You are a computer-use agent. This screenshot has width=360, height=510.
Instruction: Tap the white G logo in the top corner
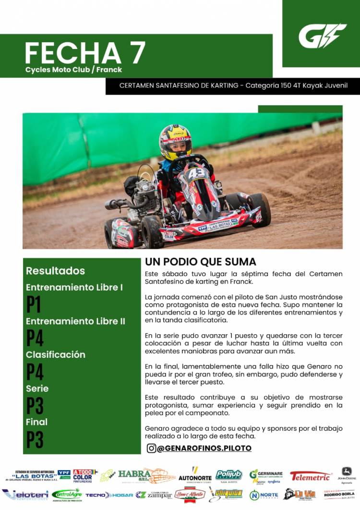pyautogui.click(x=322, y=36)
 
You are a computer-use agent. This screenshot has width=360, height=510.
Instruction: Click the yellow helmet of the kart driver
pyautogui.click(x=176, y=141)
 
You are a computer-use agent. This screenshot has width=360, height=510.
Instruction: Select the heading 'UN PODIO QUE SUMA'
pyautogui.click(x=200, y=262)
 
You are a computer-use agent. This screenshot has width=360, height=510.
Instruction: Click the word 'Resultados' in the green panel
pyautogui.click(x=55, y=270)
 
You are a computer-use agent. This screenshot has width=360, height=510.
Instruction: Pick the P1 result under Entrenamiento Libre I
pyautogui.click(x=34, y=304)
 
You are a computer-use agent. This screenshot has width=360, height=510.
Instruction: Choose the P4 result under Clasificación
pyautogui.click(x=35, y=372)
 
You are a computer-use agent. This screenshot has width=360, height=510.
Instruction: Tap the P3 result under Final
pyautogui.click(x=35, y=439)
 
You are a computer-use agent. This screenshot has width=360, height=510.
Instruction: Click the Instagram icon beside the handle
pyautogui.click(x=151, y=448)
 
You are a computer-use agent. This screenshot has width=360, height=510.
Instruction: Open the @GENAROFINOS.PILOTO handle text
pyautogui.click(x=204, y=448)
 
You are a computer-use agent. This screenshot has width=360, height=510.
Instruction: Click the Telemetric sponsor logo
pyautogui.click(x=311, y=476)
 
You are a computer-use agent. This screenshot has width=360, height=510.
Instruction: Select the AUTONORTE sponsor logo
pyautogui.click(x=195, y=475)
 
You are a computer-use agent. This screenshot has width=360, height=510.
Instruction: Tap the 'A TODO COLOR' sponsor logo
pyautogui.click(x=84, y=475)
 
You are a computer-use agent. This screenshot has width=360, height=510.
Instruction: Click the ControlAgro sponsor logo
pyautogui.click(x=67, y=494)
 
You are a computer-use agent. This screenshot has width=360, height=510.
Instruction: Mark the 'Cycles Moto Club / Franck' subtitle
pyautogui.click(x=74, y=70)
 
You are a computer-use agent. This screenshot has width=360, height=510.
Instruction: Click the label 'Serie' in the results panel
pyautogui.click(x=37, y=388)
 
